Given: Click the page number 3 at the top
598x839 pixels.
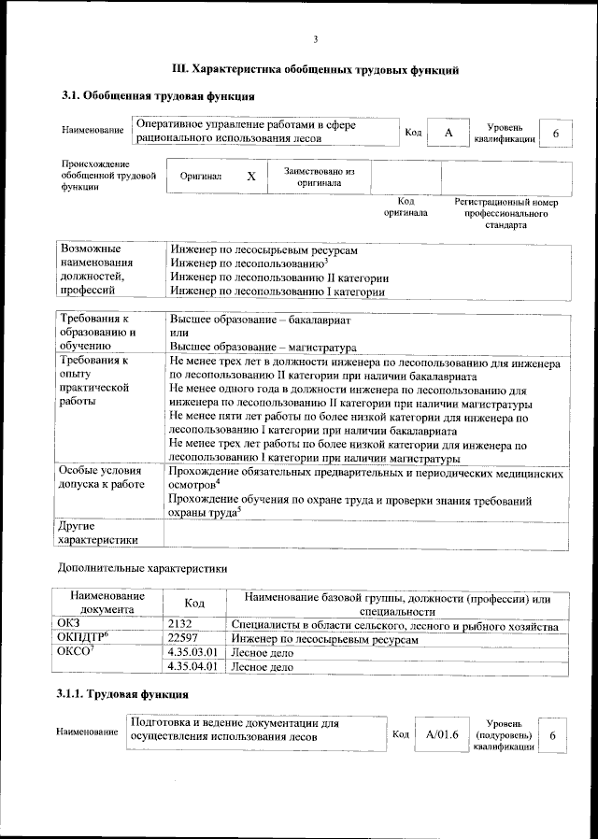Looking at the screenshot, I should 316,39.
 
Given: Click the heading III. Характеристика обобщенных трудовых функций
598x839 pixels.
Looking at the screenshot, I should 316,69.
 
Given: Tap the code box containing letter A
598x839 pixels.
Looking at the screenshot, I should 448,134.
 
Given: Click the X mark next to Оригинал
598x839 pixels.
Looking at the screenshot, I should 250,176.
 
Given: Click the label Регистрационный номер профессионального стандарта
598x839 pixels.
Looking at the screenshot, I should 505,213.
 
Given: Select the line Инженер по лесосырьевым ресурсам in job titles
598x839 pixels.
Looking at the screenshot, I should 263,250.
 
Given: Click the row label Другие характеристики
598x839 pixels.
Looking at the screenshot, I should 97,533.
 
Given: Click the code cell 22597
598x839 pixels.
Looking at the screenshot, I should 182,639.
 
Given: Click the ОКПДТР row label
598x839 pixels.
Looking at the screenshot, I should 84,639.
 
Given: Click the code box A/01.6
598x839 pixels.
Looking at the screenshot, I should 441,735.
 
